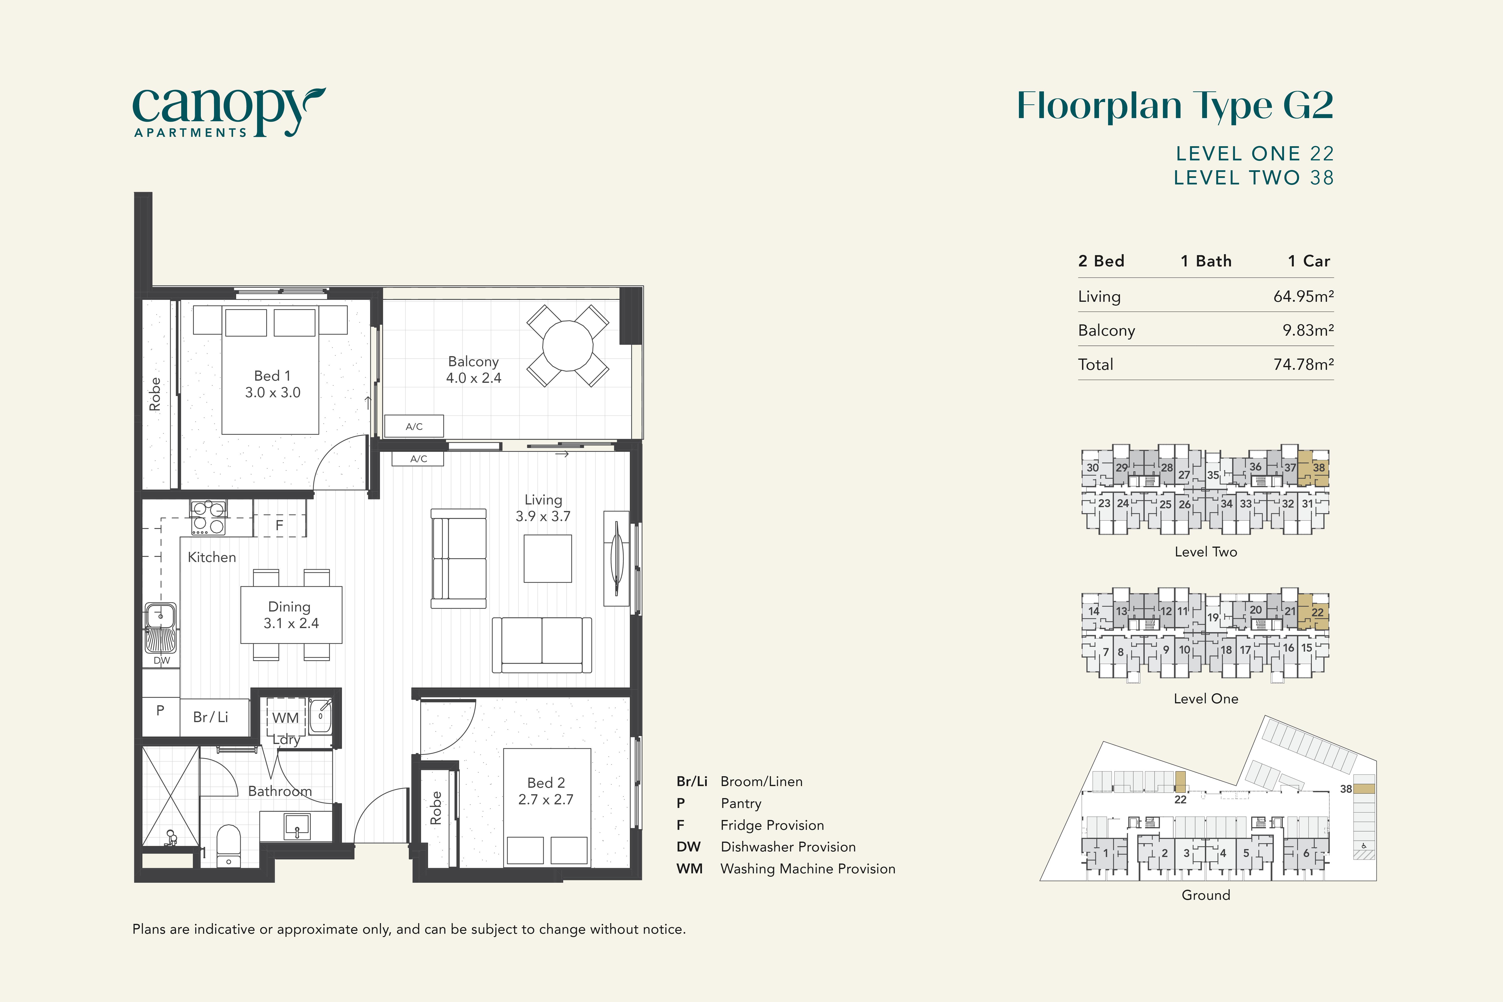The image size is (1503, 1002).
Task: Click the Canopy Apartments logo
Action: click(229, 113)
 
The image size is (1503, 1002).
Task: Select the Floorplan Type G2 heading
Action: click(1175, 106)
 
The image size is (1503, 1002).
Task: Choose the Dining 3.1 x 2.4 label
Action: click(290, 615)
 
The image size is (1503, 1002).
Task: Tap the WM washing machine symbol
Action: click(286, 718)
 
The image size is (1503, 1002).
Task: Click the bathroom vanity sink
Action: click(297, 826)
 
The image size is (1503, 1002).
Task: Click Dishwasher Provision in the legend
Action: click(788, 847)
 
